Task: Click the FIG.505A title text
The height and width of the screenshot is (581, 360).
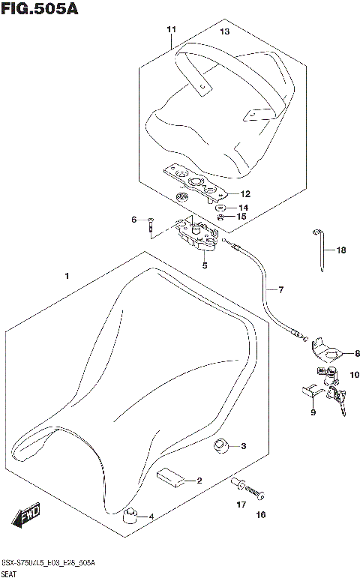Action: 39,9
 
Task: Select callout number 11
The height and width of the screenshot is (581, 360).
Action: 171,29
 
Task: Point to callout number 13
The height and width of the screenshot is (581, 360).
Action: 224,31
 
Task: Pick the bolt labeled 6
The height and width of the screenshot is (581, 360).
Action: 151,223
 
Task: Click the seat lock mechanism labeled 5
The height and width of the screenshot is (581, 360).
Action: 193,233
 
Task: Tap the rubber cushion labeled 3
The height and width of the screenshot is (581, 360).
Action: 220,447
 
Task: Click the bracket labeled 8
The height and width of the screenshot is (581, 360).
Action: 327,349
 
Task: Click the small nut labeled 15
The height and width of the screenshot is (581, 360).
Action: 222,217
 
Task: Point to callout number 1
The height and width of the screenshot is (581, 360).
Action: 67,277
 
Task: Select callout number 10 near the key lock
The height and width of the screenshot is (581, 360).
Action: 353,373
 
